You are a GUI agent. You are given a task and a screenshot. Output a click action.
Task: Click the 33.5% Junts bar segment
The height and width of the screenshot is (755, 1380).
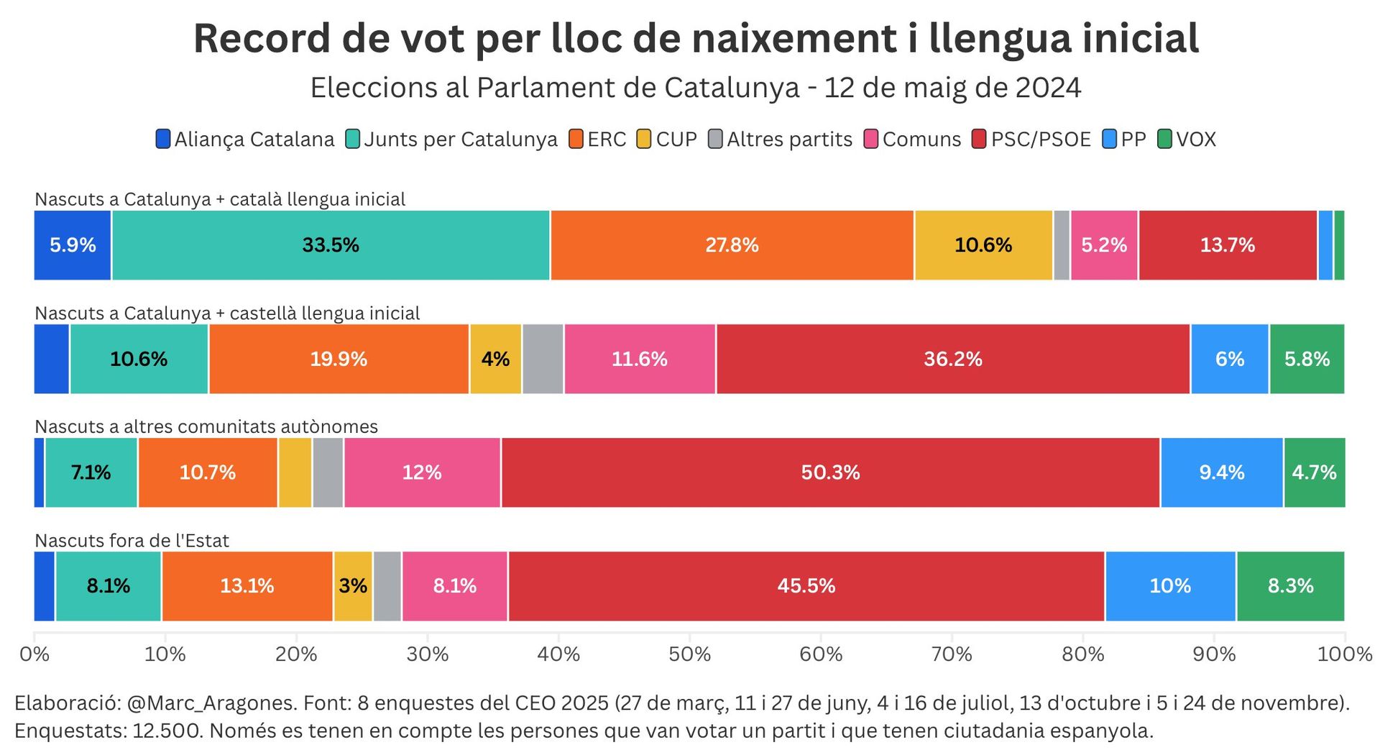pyautogui.click(x=331, y=245)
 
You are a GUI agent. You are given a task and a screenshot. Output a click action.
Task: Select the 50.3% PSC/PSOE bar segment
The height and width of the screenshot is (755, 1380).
pyautogui.click(x=830, y=472)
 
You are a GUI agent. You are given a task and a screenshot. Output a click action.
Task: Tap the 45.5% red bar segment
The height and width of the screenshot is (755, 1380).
pyautogui.click(x=806, y=586)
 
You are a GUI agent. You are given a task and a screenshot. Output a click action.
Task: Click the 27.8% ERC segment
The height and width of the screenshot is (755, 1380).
pyautogui.click(x=732, y=245)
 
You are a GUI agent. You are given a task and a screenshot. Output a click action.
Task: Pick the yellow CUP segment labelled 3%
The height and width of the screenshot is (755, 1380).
pyautogui.click(x=353, y=586)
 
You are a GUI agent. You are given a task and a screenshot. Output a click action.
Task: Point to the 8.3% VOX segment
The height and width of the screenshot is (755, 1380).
pyautogui.click(x=1290, y=586)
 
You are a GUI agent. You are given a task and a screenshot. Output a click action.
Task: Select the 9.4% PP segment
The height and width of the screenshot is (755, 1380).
pyautogui.click(x=1221, y=472)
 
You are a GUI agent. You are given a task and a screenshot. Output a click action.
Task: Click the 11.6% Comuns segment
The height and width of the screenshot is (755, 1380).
pyautogui.click(x=640, y=359)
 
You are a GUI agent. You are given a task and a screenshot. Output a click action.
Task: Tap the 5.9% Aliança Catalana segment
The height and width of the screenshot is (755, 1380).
pyautogui.click(x=73, y=245)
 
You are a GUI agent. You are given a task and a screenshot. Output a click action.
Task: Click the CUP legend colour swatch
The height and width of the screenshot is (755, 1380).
pyautogui.click(x=644, y=139)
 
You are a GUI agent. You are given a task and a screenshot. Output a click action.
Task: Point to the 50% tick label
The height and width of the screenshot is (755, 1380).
pyautogui.click(x=689, y=654)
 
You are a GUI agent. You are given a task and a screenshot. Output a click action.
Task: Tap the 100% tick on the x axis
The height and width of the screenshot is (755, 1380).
pyautogui.click(x=1345, y=654)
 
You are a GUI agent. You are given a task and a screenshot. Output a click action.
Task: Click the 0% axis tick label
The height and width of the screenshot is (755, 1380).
pyautogui.click(x=34, y=654)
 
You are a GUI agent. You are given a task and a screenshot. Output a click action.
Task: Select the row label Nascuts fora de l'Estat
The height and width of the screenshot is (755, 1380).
pyautogui.click(x=132, y=541)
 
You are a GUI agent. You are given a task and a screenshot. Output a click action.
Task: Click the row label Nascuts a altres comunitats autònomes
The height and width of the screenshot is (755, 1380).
pyautogui.click(x=206, y=427)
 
